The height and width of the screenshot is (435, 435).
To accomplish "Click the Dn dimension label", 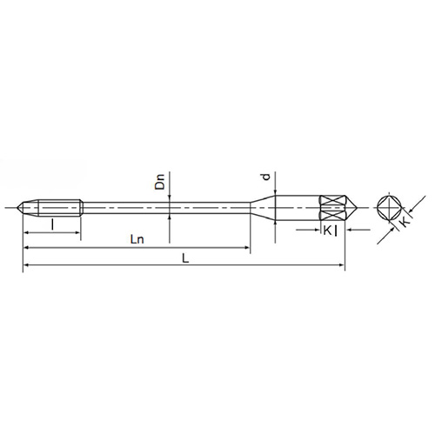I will pyautogui.click(x=160, y=184).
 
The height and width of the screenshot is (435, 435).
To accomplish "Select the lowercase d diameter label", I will pyautogui.click(x=264, y=177).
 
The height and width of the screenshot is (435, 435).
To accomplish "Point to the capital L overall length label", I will pyautogui.click(x=184, y=258).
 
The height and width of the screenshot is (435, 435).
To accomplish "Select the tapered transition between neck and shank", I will pyautogui.click(x=261, y=208).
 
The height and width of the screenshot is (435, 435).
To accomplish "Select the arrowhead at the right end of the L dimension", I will pyautogui.click(x=342, y=267).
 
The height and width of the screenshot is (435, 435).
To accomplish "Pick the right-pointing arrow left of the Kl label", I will pyautogui.click(x=317, y=230).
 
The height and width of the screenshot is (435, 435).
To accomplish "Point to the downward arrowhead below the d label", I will pyautogui.click(x=275, y=191).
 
